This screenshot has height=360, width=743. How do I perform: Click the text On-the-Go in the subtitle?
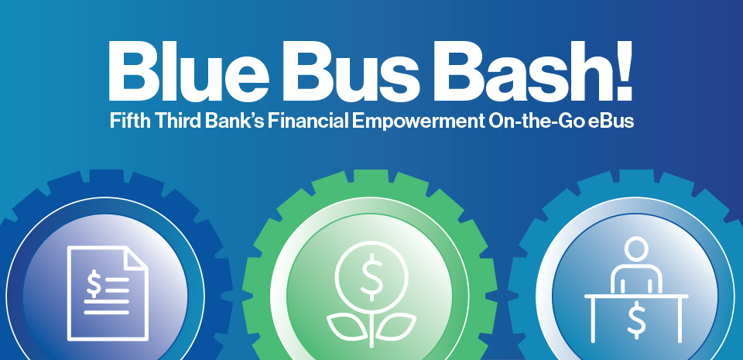tap(533, 122)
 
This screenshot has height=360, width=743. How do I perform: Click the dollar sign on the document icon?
tap(94, 283)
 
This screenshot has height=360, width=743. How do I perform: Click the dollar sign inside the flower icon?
tap(371, 276)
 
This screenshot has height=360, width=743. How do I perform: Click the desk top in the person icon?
tap(635, 296)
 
